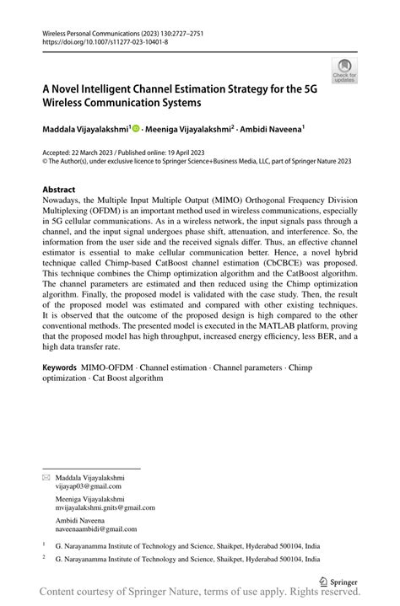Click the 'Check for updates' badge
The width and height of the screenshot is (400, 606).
(x=344, y=71)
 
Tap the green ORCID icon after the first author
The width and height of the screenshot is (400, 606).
(x=136, y=131)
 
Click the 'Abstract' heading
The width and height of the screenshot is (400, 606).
(x=59, y=190)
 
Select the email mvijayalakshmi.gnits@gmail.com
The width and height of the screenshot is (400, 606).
(x=104, y=508)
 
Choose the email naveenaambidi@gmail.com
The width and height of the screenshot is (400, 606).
(x=95, y=529)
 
